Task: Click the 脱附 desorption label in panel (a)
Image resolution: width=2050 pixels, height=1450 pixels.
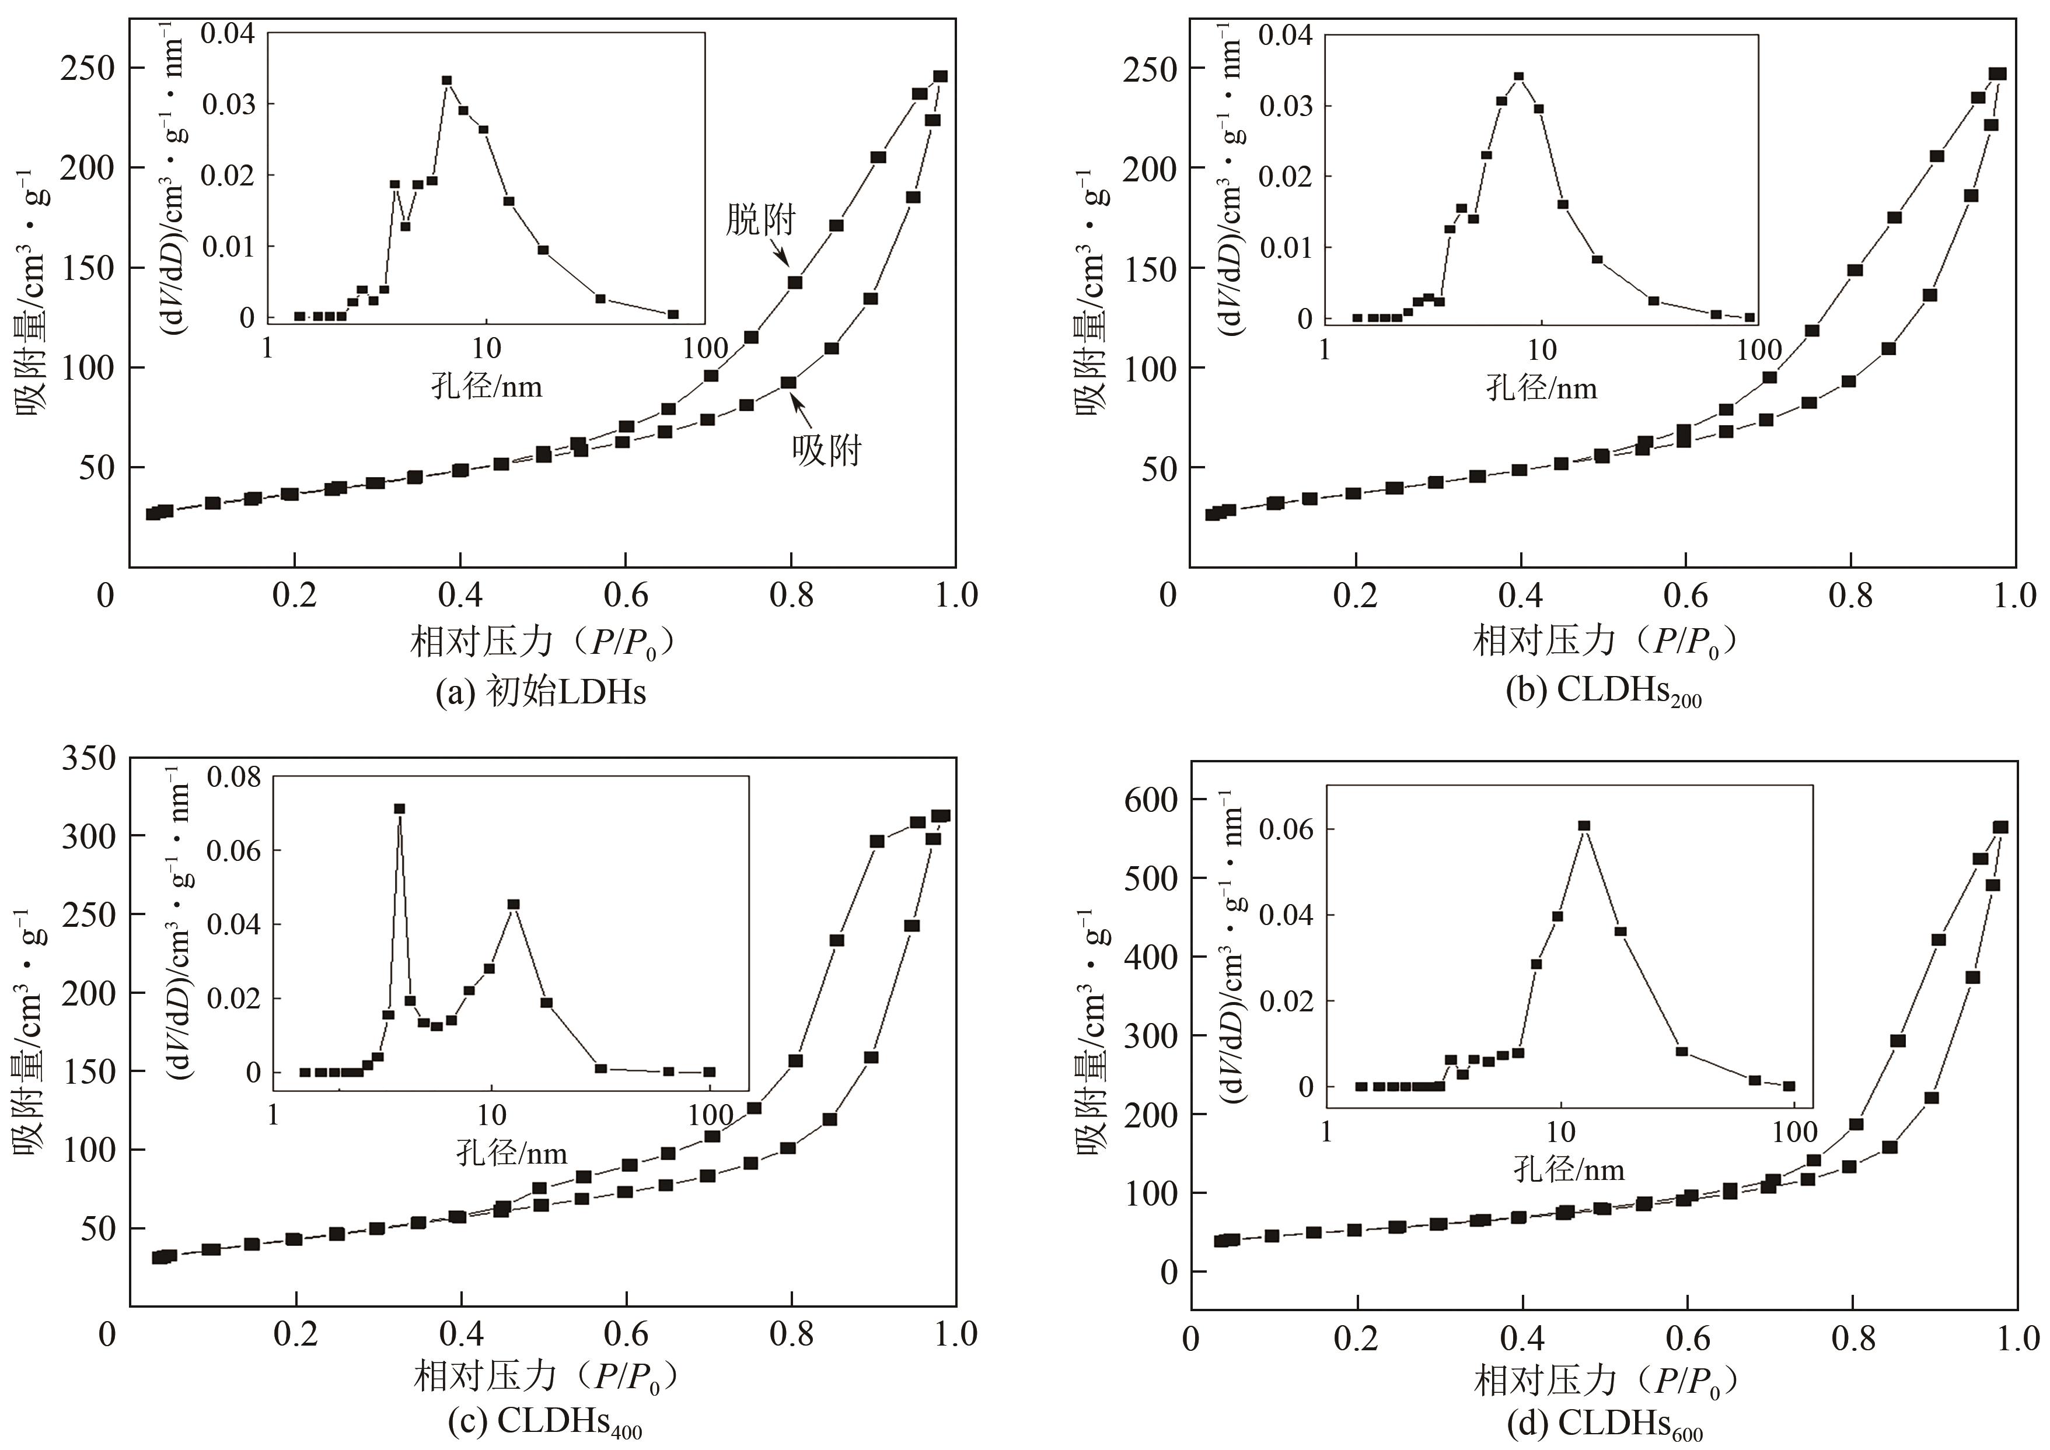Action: (x=760, y=219)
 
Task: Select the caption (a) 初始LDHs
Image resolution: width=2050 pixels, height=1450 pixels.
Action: (x=540, y=692)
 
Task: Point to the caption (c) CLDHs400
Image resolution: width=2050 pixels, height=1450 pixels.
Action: (x=540, y=1421)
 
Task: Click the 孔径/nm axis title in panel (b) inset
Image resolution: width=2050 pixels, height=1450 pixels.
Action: (x=1541, y=387)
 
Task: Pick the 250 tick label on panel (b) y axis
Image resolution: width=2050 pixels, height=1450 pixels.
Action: (x=1151, y=69)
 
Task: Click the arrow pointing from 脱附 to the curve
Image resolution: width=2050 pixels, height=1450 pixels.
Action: (x=776, y=254)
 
